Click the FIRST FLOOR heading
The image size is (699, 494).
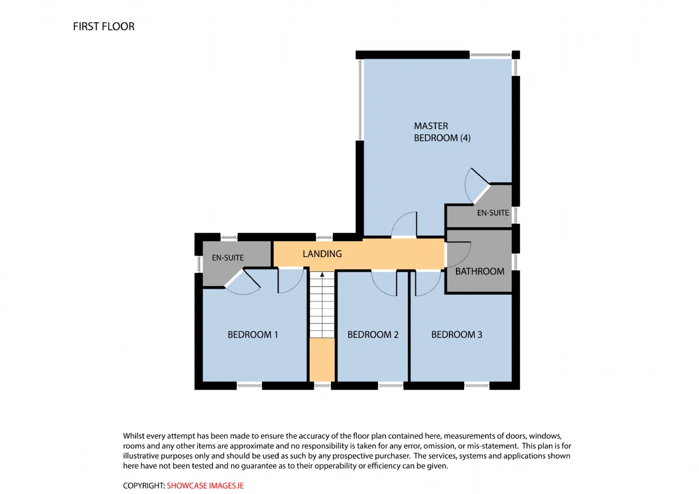click(x=104, y=27)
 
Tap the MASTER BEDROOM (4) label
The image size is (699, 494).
click(x=442, y=132)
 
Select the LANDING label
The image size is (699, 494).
click(x=322, y=254)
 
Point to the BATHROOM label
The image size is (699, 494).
click(x=479, y=271)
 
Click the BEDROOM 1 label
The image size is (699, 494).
click(x=252, y=335)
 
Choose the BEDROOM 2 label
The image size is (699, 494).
click(x=373, y=335)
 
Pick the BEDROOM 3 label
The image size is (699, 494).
click(x=457, y=335)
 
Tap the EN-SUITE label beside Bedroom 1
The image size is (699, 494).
click(x=228, y=258)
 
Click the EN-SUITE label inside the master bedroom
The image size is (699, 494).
click(x=493, y=213)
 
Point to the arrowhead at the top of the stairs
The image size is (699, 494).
click(x=322, y=275)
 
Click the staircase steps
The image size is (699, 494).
click(x=322, y=305)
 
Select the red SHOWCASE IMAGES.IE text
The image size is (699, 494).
click(x=205, y=486)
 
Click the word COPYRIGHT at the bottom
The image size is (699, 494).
click(x=144, y=486)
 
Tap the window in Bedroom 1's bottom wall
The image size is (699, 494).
click(x=249, y=386)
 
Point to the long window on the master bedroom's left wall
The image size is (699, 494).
click(x=360, y=99)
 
